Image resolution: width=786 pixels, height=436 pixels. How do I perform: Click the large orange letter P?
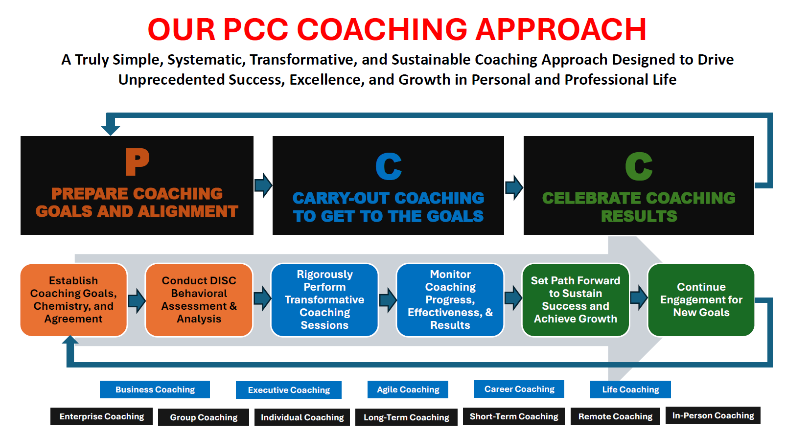click(x=137, y=161)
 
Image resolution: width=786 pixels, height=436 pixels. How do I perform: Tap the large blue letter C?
click(x=389, y=166)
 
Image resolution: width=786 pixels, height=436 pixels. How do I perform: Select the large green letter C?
click(x=639, y=166)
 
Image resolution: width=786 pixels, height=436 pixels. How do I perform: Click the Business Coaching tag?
click(x=155, y=390)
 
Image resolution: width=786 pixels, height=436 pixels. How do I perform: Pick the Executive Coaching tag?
click(x=288, y=390)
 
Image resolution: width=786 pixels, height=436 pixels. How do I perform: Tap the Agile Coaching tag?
click(x=408, y=390)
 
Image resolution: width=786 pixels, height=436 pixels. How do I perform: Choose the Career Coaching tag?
click(x=519, y=389)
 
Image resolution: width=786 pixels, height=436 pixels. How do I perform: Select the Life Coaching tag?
click(x=630, y=390)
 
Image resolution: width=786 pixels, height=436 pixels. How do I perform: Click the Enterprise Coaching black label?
click(x=101, y=416)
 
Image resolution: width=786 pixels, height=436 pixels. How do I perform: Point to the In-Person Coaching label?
click(x=713, y=415)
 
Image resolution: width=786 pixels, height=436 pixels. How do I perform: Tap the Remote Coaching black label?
click(x=615, y=416)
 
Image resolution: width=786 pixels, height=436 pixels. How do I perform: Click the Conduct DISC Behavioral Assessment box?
click(x=199, y=300)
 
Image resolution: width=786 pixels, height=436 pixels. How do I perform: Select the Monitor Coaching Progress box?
click(x=450, y=300)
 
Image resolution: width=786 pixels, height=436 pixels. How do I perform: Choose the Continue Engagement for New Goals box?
click(x=701, y=300)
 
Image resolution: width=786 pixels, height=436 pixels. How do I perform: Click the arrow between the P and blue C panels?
click(x=263, y=185)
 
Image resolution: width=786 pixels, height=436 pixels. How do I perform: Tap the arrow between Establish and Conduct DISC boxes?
click(x=137, y=300)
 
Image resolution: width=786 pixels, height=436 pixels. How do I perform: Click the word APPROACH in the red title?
click(x=561, y=29)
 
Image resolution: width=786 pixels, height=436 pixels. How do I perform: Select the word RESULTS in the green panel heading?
click(x=639, y=216)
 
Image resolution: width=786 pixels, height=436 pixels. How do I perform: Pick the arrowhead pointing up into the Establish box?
click(x=70, y=340)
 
